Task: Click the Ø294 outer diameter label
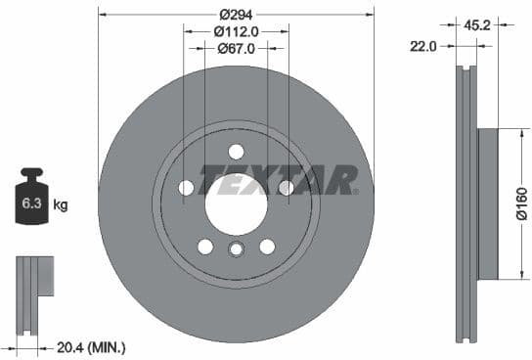[x=236, y=15]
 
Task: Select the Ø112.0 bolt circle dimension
[x=236, y=31]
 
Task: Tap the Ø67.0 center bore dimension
[x=236, y=48]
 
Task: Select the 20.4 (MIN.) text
[x=93, y=346]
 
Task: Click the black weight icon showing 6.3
[x=31, y=202]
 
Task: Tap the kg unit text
[x=61, y=205]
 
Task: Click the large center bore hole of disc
[x=236, y=203]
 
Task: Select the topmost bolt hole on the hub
[x=236, y=151]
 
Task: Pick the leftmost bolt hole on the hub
[x=186, y=187]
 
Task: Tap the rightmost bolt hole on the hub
[x=286, y=187]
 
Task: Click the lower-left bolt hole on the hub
[x=204, y=246]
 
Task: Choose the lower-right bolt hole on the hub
[x=267, y=246]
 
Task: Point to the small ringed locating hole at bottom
[x=236, y=249]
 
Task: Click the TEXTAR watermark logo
[x=278, y=179]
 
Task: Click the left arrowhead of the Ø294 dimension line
[x=103, y=15]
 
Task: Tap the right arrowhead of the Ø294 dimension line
[x=370, y=15]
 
